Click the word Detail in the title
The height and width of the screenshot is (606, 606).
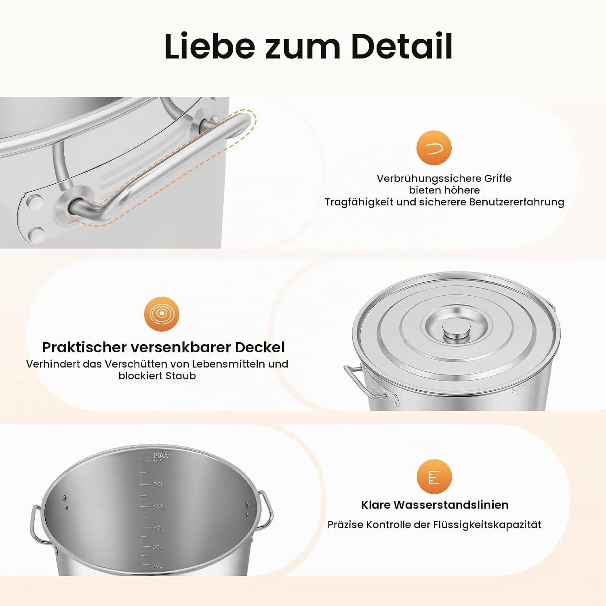pos(402,46)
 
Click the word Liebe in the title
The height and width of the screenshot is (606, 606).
pos(210,46)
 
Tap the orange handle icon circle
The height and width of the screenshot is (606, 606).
pos(434,148)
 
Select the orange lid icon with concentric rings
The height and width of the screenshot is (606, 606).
pos(162,314)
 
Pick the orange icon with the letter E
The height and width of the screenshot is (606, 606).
pos(434,477)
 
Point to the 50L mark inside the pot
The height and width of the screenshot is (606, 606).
pos(159,484)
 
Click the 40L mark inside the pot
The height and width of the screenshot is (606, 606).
pos(158,506)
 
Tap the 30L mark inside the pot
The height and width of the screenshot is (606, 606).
pos(158,528)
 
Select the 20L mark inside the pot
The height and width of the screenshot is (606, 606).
pos(158,547)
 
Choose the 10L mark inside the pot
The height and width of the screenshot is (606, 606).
pos(158,566)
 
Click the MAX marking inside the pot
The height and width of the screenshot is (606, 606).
pos(161,455)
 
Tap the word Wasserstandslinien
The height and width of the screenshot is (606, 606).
pos(451,505)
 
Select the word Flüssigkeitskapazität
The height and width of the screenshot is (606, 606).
pos(487,525)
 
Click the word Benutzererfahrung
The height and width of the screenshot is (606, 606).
pos(517,202)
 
